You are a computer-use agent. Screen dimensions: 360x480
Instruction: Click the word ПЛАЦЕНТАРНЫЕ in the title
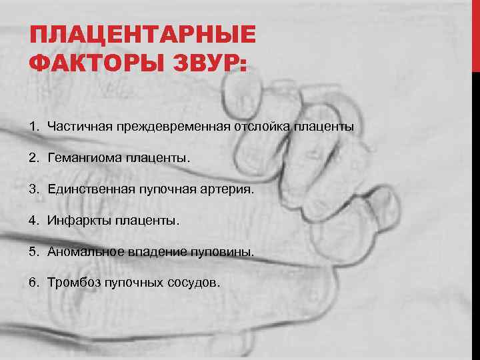(x=143, y=34)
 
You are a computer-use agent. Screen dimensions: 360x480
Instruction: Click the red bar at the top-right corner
(x=475, y=33)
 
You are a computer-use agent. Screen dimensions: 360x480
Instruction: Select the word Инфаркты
(x=75, y=220)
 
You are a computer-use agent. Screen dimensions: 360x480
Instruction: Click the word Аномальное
(x=82, y=252)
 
